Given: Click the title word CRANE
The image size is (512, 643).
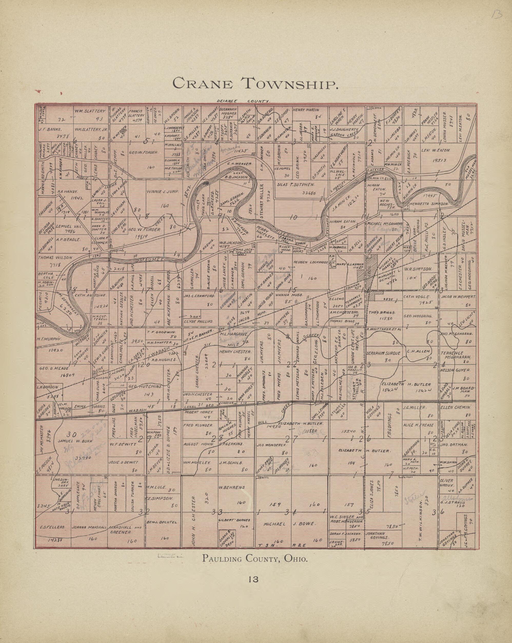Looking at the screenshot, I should (203, 83).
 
